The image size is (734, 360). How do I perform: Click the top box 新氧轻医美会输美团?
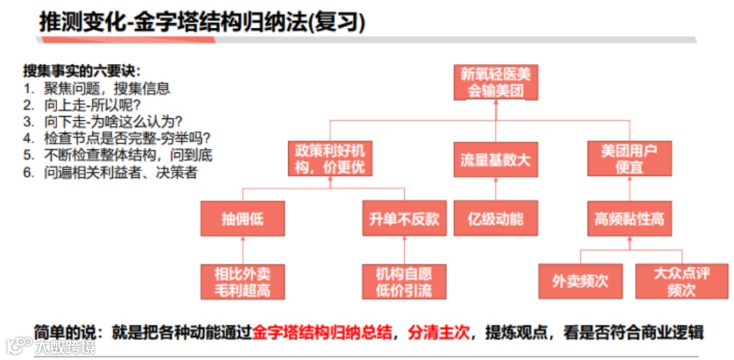click(x=495, y=82)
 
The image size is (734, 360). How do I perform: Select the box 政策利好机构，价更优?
click(x=330, y=158)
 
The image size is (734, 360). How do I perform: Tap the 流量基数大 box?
click(x=495, y=160)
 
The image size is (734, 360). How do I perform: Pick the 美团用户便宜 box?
click(x=629, y=158)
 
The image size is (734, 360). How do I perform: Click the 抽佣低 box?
click(x=242, y=219)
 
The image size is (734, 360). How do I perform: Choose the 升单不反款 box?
click(x=404, y=219)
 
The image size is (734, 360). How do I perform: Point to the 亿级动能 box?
click(x=495, y=219)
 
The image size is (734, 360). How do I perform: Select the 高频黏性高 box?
click(x=629, y=219)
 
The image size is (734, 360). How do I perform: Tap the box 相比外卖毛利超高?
click(x=242, y=282)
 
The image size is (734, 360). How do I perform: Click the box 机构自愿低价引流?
click(x=404, y=282)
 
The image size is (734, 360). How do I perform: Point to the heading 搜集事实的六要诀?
click(x=82, y=71)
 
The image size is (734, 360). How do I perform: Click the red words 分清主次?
click(x=438, y=333)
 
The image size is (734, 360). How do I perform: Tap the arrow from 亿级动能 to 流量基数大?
click(x=495, y=189)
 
